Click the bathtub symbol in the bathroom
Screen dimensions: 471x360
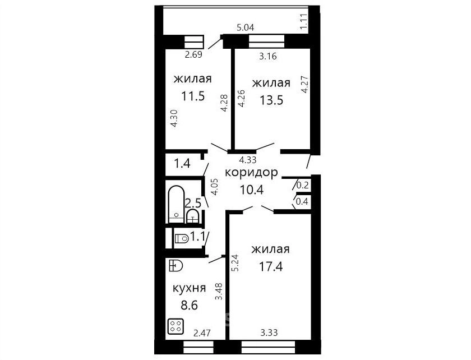(x=176, y=204)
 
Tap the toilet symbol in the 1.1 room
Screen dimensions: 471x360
(x=182, y=238)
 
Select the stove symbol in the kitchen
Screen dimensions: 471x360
(x=176, y=327)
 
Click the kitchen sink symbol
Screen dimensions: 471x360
(x=176, y=266)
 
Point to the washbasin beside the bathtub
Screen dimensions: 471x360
(x=192, y=216)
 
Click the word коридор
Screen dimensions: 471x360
(x=251, y=173)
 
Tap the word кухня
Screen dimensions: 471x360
(x=189, y=288)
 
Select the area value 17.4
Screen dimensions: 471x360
(x=271, y=266)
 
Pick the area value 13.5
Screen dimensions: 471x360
(x=271, y=100)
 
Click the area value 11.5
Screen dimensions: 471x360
(x=193, y=96)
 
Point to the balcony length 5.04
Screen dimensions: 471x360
(x=246, y=28)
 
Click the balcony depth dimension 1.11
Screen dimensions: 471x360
(x=304, y=21)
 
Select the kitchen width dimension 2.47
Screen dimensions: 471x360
(x=202, y=333)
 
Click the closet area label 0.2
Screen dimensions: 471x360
(x=302, y=186)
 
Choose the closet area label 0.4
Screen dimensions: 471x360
(x=302, y=201)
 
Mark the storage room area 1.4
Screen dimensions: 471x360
(x=182, y=164)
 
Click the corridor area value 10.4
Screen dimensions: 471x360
(x=251, y=190)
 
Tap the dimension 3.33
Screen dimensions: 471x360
(x=269, y=333)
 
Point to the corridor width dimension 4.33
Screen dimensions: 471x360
(x=248, y=160)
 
